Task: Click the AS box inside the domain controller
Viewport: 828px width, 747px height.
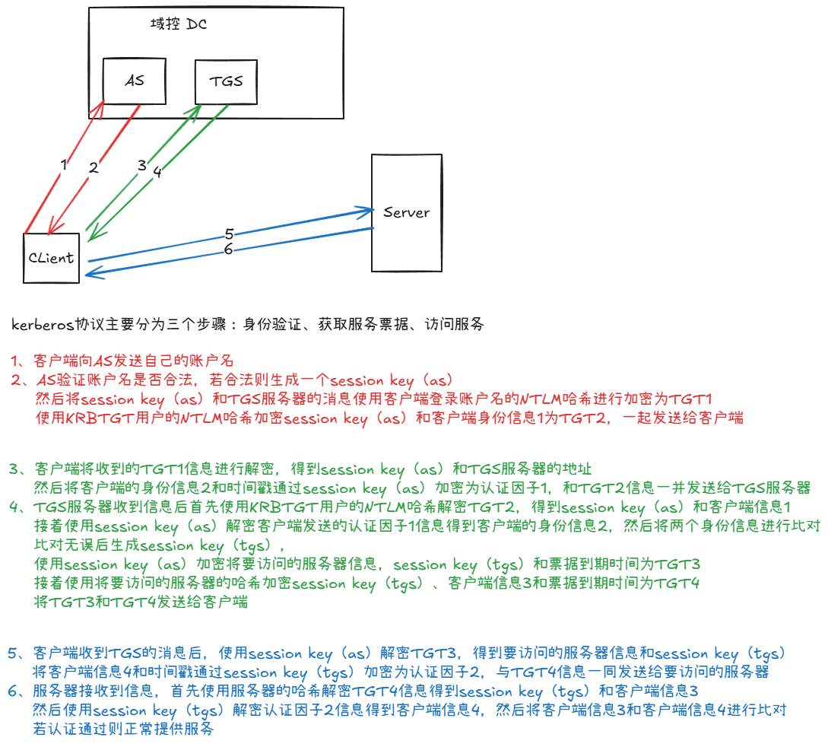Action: click(x=134, y=80)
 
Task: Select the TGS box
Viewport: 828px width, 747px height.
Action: click(x=225, y=81)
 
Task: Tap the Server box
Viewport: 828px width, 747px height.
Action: click(x=406, y=212)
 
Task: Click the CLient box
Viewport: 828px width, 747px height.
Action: click(x=51, y=257)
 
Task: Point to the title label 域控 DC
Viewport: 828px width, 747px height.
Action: click(x=179, y=24)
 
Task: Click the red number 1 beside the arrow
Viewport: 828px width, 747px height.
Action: click(x=64, y=164)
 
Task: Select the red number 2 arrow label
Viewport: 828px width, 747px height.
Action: click(x=94, y=168)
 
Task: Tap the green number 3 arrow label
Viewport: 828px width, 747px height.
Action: click(x=141, y=165)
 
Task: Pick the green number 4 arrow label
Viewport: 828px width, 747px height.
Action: click(x=157, y=172)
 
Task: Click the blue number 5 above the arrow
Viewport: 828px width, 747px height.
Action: click(x=228, y=234)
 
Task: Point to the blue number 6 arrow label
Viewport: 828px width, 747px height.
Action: click(x=228, y=250)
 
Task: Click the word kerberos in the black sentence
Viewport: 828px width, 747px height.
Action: click(x=43, y=325)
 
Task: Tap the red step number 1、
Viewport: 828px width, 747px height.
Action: click(x=18, y=361)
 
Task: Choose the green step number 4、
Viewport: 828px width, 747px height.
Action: click(x=18, y=507)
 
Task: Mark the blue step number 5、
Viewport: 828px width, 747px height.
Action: click(x=18, y=653)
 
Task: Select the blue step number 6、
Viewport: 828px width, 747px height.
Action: click(x=18, y=691)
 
